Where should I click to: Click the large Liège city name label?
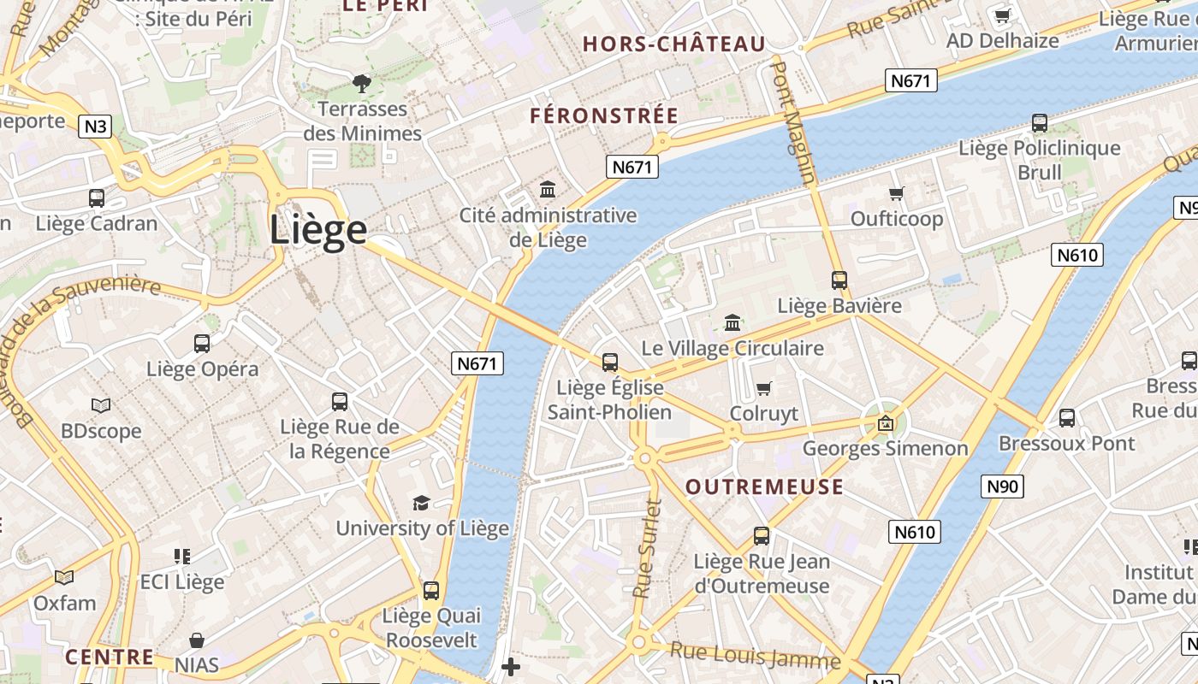(x=318, y=230)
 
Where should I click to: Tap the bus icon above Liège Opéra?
(x=202, y=344)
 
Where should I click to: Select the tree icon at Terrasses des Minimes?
(x=362, y=83)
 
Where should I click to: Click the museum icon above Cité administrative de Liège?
(x=548, y=189)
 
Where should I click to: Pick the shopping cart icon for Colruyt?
(x=764, y=388)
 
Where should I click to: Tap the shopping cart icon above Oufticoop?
(x=897, y=193)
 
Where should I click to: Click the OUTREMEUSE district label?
(x=764, y=487)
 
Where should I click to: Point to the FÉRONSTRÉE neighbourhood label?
(x=604, y=116)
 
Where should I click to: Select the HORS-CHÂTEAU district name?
(x=673, y=44)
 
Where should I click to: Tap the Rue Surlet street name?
(x=648, y=548)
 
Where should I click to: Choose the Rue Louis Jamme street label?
(x=755, y=656)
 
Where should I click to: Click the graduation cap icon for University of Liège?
(x=421, y=503)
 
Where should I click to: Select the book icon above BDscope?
(x=101, y=405)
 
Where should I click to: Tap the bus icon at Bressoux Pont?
(x=1067, y=418)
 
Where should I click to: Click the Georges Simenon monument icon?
(x=886, y=422)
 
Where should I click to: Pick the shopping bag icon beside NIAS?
(x=197, y=640)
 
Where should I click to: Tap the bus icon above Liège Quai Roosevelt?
(x=431, y=590)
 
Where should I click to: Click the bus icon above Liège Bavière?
(x=839, y=280)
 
